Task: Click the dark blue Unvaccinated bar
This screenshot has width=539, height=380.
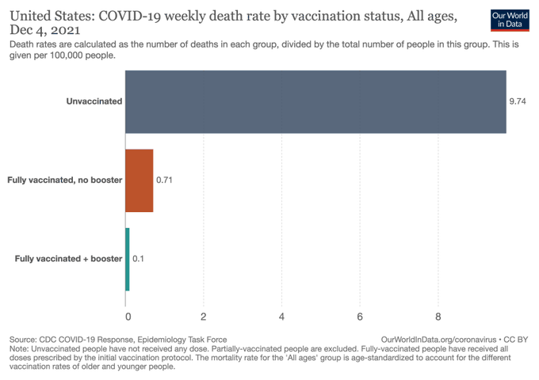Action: click(315, 101)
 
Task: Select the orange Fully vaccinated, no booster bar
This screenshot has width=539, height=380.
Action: click(140, 180)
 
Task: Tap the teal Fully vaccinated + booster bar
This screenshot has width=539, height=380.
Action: click(128, 259)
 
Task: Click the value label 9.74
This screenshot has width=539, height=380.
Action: click(518, 101)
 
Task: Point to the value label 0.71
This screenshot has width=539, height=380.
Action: click(164, 180)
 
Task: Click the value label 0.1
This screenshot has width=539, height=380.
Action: click(138, 259)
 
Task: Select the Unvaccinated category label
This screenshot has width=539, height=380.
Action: click(94, 101)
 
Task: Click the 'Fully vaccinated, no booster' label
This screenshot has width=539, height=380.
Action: click(64, 180)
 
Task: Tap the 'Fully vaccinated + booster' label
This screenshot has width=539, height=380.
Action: click(68, 259)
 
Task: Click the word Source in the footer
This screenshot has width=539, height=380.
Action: click(25, 339)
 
